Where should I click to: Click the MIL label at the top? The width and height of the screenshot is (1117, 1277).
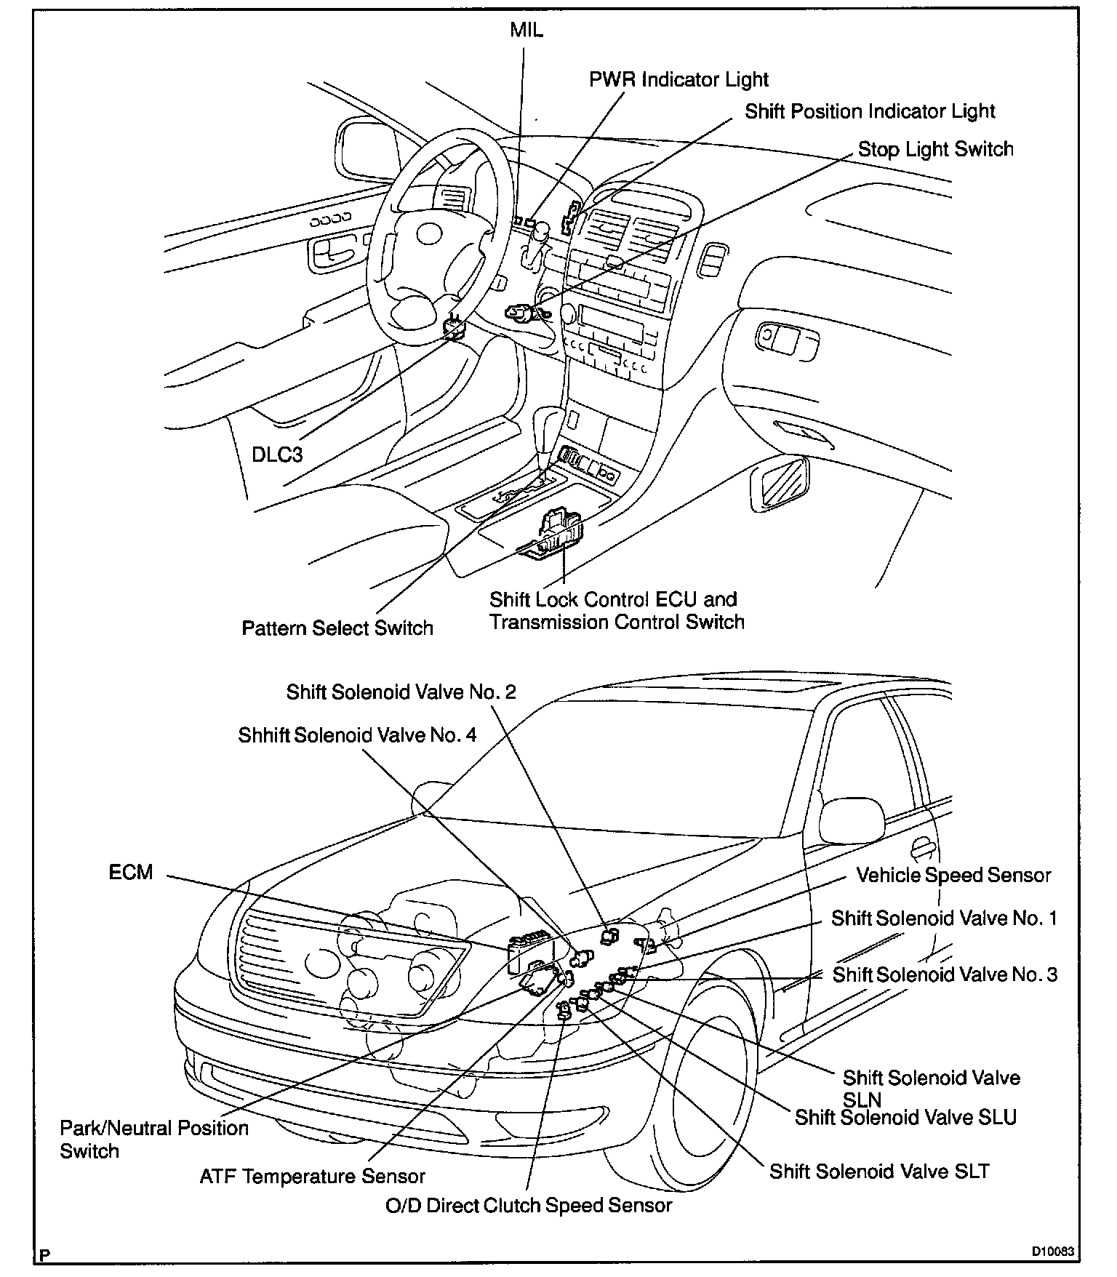526,31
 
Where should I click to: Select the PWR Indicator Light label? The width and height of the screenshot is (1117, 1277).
678,79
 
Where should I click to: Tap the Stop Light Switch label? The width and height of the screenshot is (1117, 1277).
935,149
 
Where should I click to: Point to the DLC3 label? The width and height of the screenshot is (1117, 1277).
277,455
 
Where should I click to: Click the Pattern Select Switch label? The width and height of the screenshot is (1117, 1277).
337,628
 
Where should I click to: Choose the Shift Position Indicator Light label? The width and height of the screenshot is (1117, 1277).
870,111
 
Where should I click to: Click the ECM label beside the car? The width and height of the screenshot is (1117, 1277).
131,872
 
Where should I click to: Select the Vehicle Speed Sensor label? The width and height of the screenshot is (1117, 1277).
953,875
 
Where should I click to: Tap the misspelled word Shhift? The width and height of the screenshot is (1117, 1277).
265,735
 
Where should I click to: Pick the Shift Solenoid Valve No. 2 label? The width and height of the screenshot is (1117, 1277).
401,692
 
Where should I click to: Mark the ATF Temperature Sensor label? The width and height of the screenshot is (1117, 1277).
313,1176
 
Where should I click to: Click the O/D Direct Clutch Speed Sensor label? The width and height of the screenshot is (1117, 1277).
529,1205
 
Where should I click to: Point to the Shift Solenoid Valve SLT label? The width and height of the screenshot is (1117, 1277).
879,1171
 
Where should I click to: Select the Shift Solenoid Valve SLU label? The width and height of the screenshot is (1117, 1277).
905,1117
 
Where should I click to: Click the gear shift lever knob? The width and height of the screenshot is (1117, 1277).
549,423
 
